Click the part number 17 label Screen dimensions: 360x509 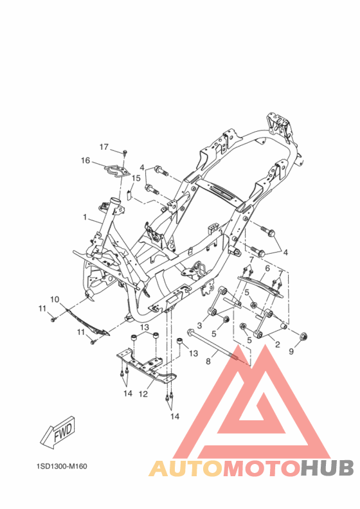104,147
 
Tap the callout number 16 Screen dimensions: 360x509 85,161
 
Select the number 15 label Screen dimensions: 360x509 136,178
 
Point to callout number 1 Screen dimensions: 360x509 85,217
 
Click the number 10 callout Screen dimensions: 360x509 55,299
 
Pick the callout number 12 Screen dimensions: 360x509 143,394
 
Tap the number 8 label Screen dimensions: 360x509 208,361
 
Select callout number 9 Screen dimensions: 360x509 291,352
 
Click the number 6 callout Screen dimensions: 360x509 267,269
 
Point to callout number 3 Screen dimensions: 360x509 199,325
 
